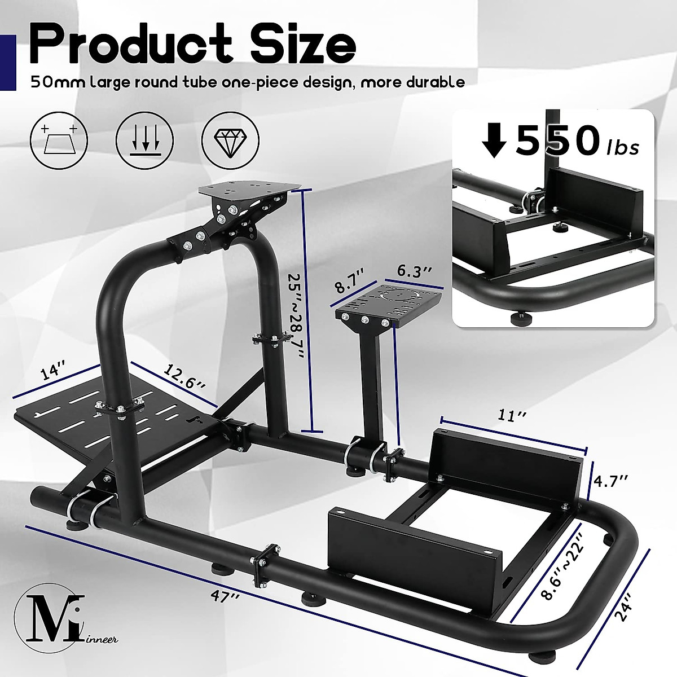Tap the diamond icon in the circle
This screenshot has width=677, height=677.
click(x=230, y=138)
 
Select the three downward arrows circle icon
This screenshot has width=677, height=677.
click(x=144, y=138)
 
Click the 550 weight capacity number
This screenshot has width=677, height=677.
click(x=556, y=142)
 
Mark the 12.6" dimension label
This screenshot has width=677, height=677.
click(x=184, y=376)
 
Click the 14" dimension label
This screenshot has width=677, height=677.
click(x=54, y=374)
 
